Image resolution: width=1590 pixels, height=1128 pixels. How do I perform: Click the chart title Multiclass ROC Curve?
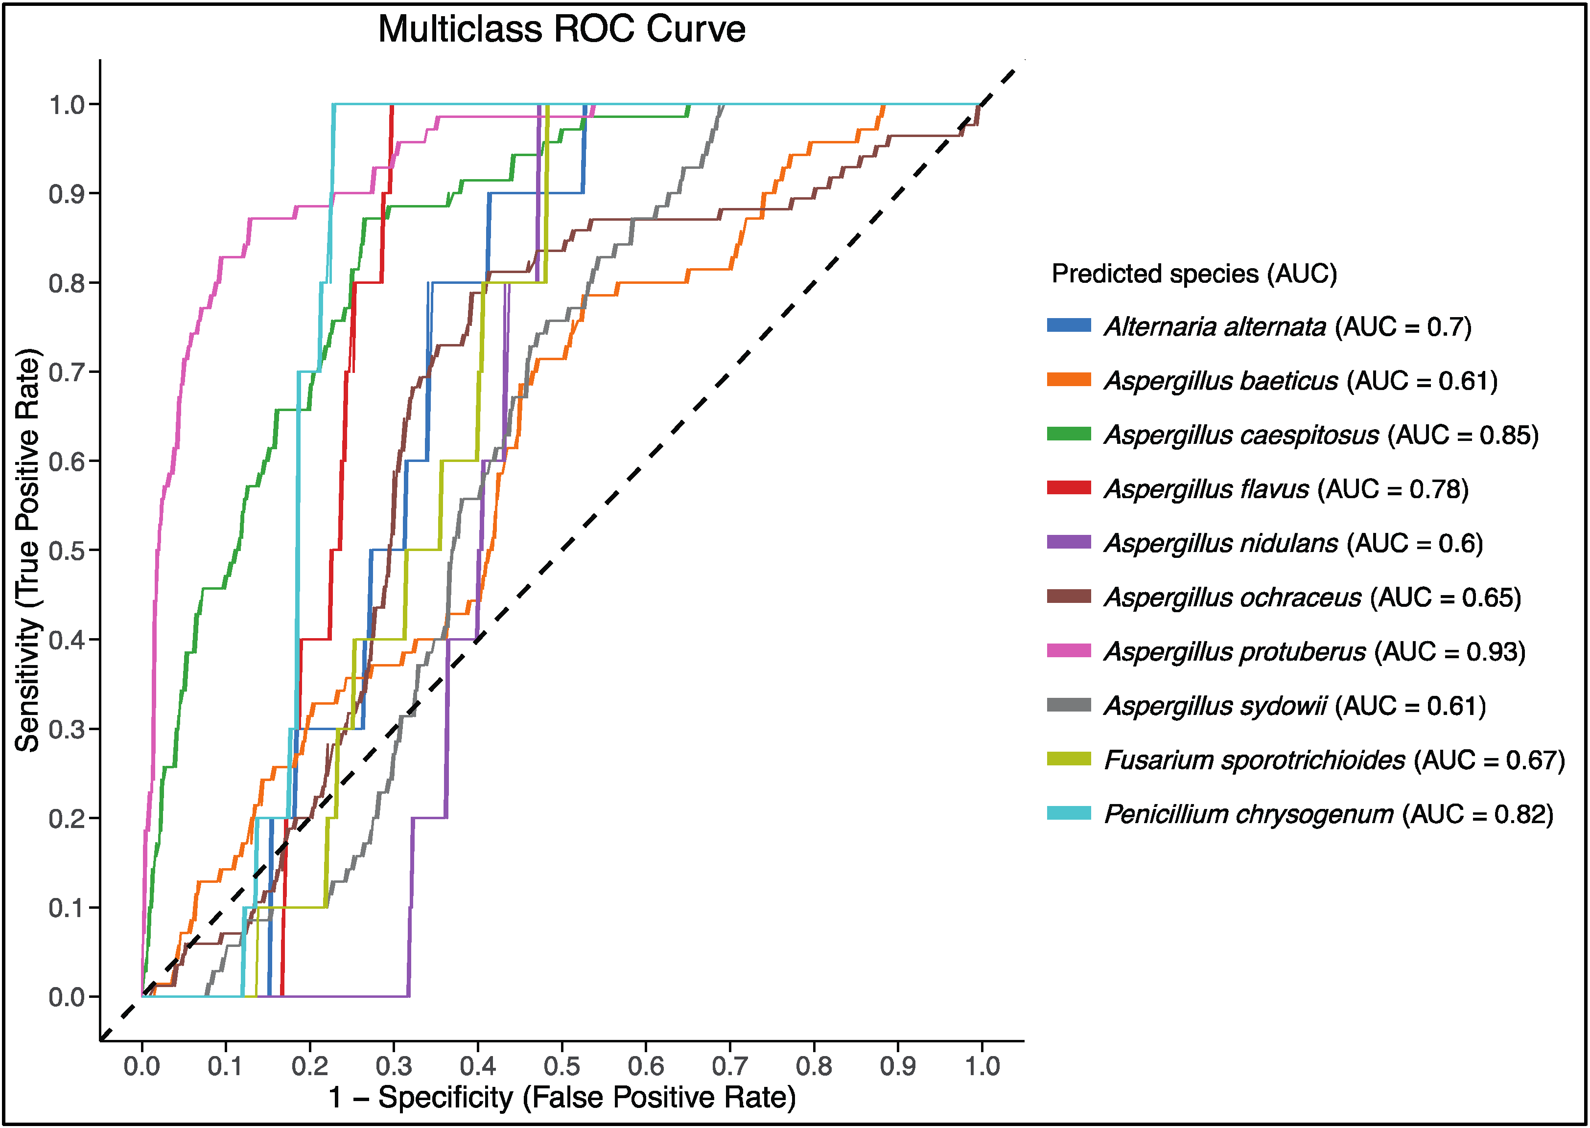click(x=561, y=29)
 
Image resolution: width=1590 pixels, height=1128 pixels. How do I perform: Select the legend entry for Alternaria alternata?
click(x=1287, y=326)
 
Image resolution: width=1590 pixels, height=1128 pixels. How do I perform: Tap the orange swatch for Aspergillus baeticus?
click(x=1068, y=379)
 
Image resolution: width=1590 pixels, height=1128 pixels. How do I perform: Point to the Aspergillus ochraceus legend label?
click(x=1312, y=598)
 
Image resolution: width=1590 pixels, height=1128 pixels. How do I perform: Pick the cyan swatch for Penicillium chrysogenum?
click(x=1068, y=813)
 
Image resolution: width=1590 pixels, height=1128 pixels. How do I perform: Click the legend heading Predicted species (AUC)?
click(x=1194, y=274)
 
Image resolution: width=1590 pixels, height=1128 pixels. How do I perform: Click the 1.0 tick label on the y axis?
click(x=67, y=105)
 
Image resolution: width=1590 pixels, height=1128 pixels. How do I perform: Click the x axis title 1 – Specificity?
click(x=561, y=1098)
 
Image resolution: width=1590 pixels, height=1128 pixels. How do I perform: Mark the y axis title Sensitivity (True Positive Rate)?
click(x=28, y=550)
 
